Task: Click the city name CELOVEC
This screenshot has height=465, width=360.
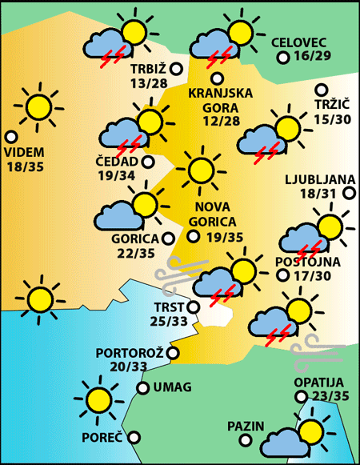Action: [299, 42]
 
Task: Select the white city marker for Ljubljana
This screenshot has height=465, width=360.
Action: [349, 193]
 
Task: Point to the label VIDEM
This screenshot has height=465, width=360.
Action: [25, 152]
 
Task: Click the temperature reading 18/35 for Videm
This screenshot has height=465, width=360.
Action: [25, 166]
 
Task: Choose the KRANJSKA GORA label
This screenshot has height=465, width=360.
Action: [220, 100]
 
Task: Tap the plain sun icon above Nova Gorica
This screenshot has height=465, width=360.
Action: [200, 170]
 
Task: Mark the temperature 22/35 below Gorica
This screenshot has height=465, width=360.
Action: [137, 253]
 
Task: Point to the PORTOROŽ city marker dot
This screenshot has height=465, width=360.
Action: [173, 352]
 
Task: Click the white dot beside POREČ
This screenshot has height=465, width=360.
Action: [134, 437]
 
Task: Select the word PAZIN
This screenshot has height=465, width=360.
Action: [245, 425]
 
